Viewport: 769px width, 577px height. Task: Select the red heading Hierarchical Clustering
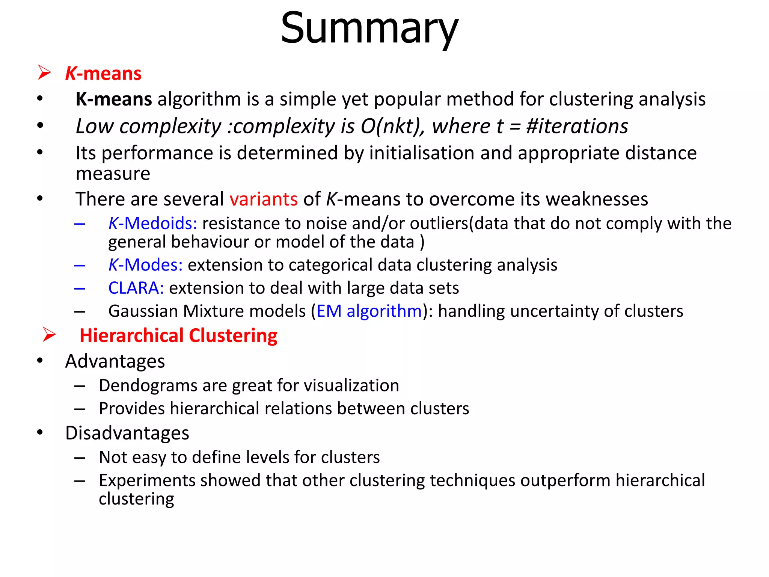click(178, 335)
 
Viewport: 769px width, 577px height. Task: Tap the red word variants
click(264, 199)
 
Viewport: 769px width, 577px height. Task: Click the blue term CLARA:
click(136, 288)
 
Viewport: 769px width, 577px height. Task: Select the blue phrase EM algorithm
click(369, 311)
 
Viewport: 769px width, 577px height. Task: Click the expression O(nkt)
click(393, 126)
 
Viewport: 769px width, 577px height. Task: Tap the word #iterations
click(577, 126)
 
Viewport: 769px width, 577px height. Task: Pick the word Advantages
click(115, 361)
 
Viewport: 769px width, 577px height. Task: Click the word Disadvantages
click(127, 433)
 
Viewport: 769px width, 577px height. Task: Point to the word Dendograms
click(148, 386)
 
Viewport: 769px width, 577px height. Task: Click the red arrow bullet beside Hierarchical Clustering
click(49, 334)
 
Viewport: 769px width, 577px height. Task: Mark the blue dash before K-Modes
click(80, 266)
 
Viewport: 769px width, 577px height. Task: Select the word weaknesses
click(597, 199)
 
